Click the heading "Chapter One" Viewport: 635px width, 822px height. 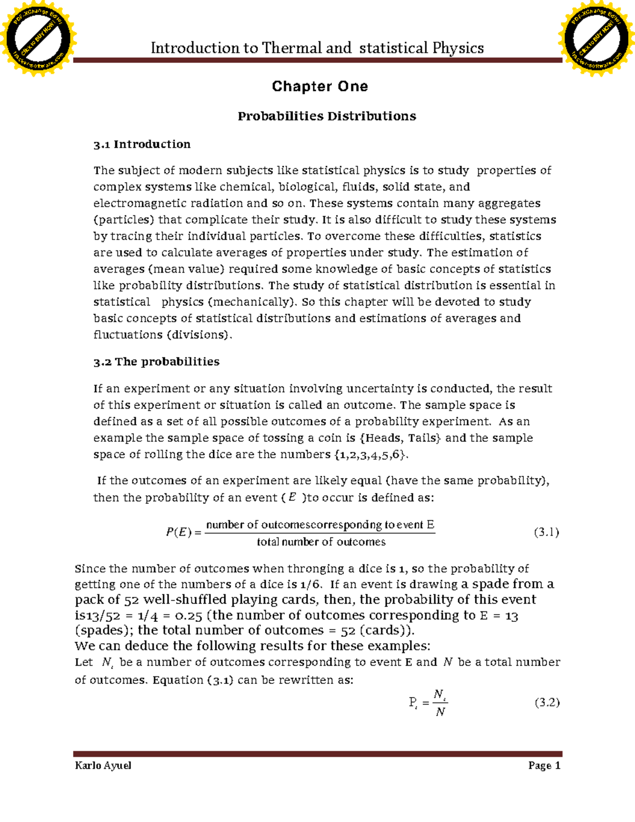click(320, 86)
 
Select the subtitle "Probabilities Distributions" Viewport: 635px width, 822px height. click(326, 116)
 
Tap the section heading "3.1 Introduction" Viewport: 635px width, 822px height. click(142, 144)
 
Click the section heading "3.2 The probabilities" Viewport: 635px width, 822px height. click(156, 362)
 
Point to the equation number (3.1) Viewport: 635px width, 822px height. click(547, 532)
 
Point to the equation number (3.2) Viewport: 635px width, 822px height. click(547, 703)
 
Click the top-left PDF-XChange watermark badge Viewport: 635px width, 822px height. click(38, 38)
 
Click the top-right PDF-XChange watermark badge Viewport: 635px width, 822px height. click(596, 38)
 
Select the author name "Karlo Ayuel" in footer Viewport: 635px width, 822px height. click(103, 766)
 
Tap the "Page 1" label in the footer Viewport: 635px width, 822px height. click(544, 766)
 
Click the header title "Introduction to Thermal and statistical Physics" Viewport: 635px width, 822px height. click(317, 48)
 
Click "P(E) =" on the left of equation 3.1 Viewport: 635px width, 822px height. click(184, 532)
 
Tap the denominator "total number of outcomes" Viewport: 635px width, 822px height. click(321, 542)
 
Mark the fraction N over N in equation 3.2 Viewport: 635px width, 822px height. click(440, 703)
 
